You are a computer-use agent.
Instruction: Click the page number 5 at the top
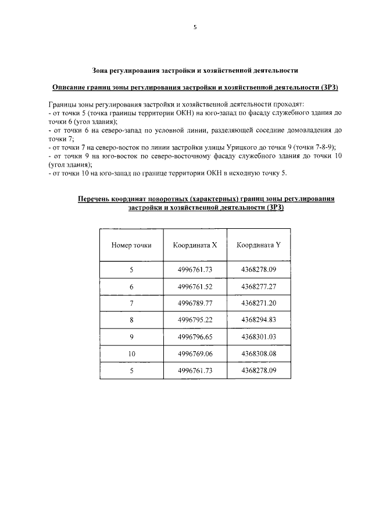pyautogui.click(x=195, y=26)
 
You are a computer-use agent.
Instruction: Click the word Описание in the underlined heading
pyautogui.click(x=69, y=87)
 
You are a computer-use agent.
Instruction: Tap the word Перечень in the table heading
pyautogui.click(x=98, y=199)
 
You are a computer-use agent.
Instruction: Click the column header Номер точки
pyautogui.click(x=131, y=245)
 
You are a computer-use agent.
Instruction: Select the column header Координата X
pyautogui.click(x=195, y=245)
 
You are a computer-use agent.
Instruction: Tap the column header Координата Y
pyautogui.click(x=259, y=245)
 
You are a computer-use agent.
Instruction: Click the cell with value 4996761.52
pyautogui.click(x=195, y=287)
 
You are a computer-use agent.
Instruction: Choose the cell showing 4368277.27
pyautogui.click(x=259, y=287)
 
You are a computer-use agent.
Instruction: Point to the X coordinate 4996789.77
pyautogui.click(x=195, y=303)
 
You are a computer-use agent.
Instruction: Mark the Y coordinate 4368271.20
pyautogui.click(x=259, y=303)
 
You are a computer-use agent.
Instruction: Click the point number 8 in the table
pyautogui.click(x=131, y=320)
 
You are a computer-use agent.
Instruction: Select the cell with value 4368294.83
pyautogui.click(x=259, y=320)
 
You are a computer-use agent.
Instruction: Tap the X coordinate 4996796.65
pyautogui.click(x=195, y=337)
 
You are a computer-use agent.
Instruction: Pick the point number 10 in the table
pyautogui.click(x=131, y=353)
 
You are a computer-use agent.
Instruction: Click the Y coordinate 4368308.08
pyautogui.click(x=259, y=353)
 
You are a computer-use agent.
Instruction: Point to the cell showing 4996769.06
pyautogui.click(x=195, y=353)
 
